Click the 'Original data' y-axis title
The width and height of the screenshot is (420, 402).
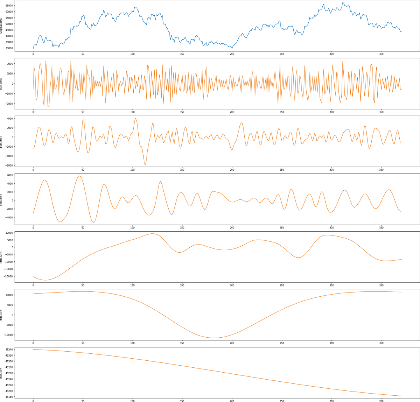pos(1,26)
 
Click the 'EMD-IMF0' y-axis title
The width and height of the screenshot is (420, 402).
pos(1,84)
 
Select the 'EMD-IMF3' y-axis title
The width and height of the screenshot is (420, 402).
pos(1,257)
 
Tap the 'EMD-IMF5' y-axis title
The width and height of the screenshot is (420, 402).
pos(1,373)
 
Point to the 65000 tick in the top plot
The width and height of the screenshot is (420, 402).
pos(9,6)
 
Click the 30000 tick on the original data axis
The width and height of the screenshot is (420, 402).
pos(9,48)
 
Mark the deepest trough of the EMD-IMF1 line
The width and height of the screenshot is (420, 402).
pos(145,164)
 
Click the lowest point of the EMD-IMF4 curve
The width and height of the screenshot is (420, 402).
pos(214,338)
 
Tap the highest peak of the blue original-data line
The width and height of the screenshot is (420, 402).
pos(343,3)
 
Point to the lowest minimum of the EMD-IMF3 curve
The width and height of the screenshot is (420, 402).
pos(45,280)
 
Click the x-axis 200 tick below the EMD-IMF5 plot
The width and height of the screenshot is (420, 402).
pos(232,401)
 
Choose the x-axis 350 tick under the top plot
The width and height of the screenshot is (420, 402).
pos(381,54)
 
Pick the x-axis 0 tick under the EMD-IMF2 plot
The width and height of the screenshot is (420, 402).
pos(33,227)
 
